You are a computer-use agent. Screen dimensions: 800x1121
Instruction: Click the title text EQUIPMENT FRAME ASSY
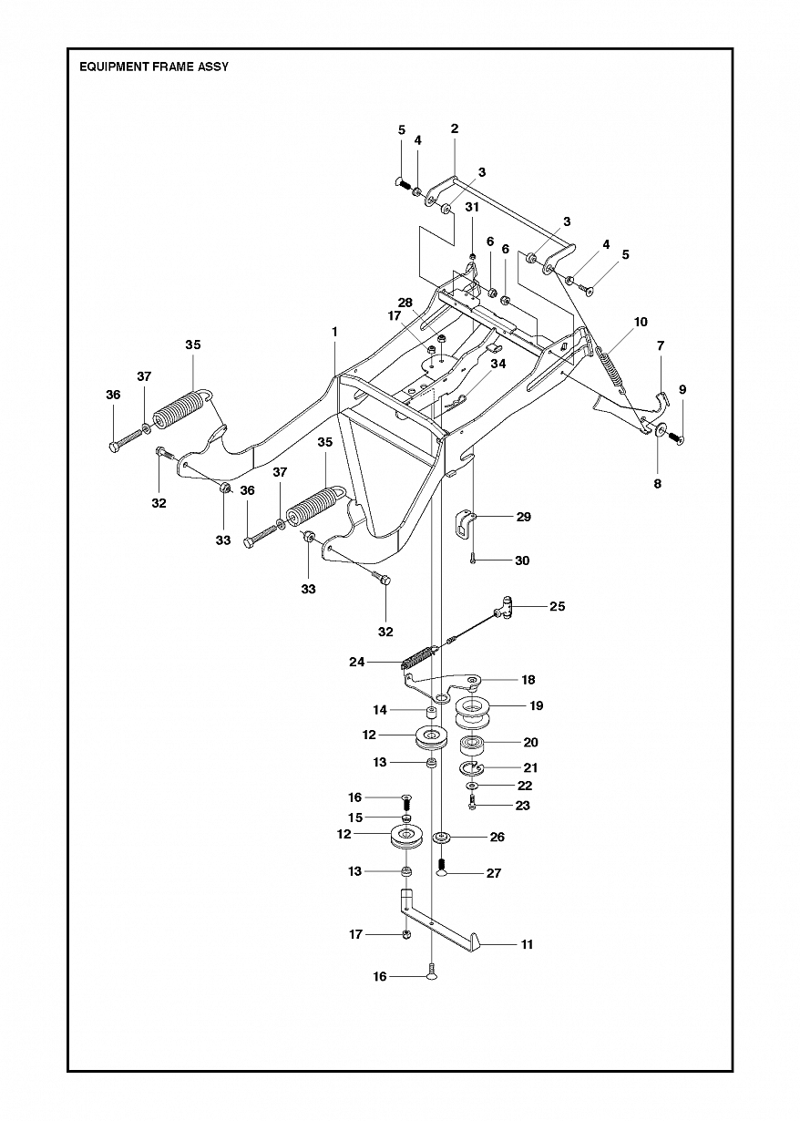click(x=154, y=67)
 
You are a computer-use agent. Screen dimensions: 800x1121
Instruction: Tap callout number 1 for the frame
click(x=334, y=332)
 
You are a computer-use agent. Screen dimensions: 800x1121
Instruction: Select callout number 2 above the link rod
click(x=455, y=129)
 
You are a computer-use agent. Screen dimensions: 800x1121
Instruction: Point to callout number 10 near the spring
click(x=641, y=322)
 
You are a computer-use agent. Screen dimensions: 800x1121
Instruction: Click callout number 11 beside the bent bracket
click(x=527, y=944)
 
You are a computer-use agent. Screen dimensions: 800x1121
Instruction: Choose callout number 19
click(x=537, y=705)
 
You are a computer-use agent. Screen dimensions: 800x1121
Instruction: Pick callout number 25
click(x=558, y=606)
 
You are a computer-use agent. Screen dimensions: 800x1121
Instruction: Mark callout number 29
click(x=523, y=517)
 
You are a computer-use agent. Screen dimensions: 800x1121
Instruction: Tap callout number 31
click(x=472, y=207)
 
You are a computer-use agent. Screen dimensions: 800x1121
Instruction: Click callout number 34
click(x=498, y=364)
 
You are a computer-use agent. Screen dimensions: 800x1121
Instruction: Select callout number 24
click(x=357, y=662)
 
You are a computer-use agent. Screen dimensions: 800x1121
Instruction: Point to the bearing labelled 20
click(x=472, y=748)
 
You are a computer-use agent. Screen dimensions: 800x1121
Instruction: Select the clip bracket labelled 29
click(x=465, y=525)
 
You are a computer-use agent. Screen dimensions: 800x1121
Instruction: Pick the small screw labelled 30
click(x=473, y=560)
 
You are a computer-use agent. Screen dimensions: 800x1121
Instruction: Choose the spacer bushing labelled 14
click(x=431, y=712)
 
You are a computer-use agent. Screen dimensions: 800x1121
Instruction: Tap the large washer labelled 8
click(x=659, y=429)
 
